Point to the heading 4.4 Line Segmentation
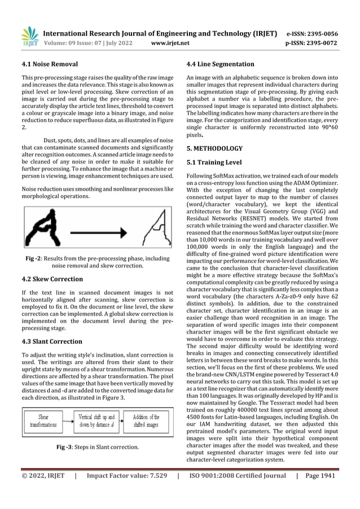(220, 64)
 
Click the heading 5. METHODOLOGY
(214, 149)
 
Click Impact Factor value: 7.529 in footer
(127, 476)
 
